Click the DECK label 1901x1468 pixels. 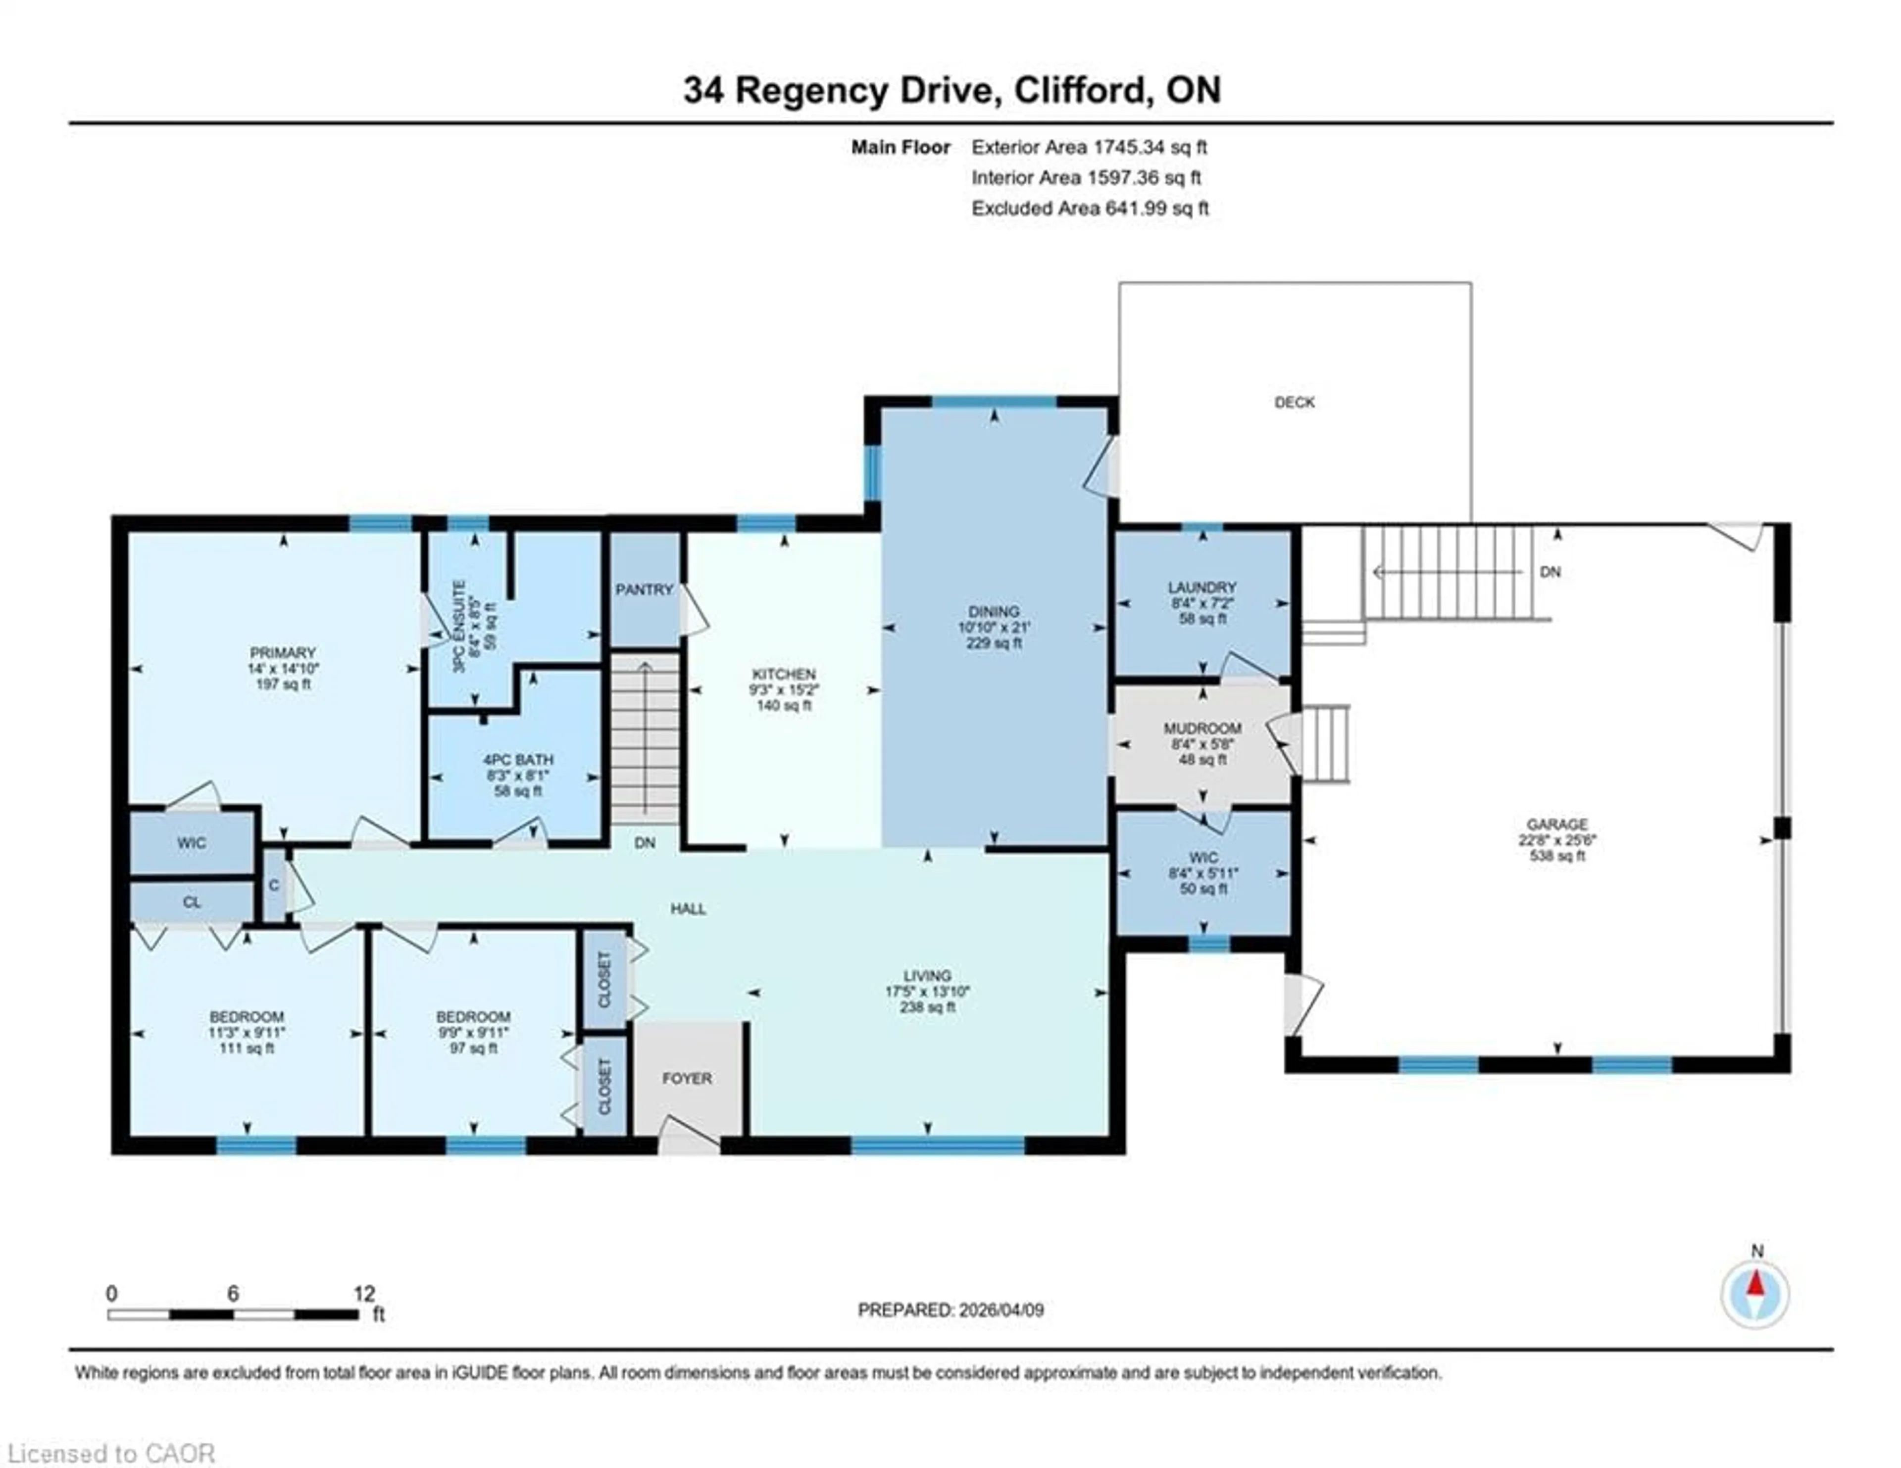(x=1295, y=402)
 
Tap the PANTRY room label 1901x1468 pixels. (x=644, y=589)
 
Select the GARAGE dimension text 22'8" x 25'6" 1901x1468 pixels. (x=1556, y=840)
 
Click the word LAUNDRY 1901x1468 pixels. (x=1202, y=587)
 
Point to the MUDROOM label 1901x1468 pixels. (x=1202, y=728)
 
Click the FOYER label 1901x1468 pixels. (x=687, y=1078)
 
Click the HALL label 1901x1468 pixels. (x=688, y=909)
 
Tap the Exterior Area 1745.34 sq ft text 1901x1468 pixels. (x=1089, y=147)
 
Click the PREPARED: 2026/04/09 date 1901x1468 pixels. (x=950, y=1310)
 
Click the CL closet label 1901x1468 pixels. (x=192, y=902)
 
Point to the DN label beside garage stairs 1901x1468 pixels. (x=1550, y=572)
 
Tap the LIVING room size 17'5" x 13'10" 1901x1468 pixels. (x=927, y=992)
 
